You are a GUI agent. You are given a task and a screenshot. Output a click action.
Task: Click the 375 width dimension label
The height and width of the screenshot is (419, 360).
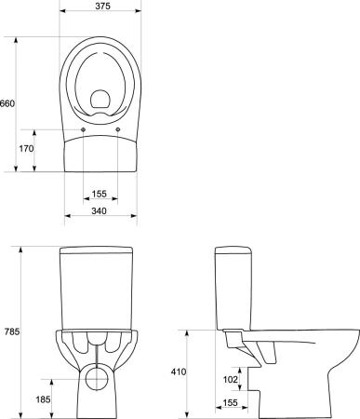[x=102, y=6]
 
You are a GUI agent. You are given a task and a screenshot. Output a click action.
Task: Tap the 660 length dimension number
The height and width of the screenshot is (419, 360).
[x=7, y=103]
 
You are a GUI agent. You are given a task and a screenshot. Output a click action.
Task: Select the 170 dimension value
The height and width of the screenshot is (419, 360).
[x=26, y=149]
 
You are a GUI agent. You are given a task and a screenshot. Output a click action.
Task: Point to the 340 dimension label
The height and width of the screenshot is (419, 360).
[x=99, y=210]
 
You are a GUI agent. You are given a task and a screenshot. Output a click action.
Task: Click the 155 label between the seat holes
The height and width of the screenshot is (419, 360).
[x=99, y=194]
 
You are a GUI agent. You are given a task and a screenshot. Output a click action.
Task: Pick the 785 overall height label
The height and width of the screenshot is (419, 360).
[x=12, y=331]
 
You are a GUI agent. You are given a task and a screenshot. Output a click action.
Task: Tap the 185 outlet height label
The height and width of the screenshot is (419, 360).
[x=43, y=399]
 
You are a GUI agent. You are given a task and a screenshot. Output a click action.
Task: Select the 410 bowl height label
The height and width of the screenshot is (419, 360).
[x=179, y=372]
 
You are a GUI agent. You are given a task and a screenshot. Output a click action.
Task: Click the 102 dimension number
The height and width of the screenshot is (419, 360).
[x=231, y=379]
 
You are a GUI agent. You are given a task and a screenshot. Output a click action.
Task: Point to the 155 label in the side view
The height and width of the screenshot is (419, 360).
[x=231, y=402]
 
